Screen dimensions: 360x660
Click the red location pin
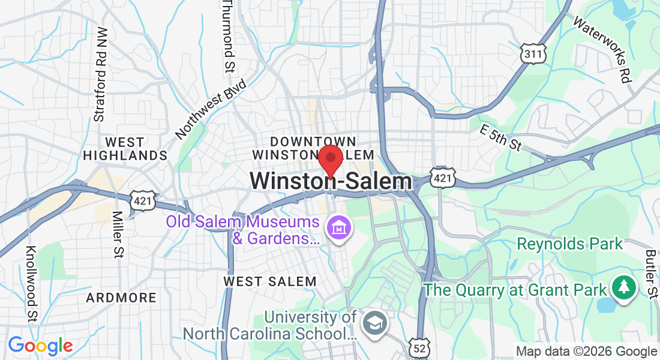pos(330,160)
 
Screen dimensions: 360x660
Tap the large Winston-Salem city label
pos(331,182)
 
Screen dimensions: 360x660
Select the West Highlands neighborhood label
pos(125,149)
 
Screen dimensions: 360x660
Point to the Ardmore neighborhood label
pos(121,298)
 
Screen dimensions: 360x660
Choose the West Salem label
pos(270,281)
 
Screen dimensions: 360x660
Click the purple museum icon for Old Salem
pos(339,228)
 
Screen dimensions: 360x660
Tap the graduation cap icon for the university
pos(376,323)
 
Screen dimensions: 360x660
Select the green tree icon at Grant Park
pos(624,287)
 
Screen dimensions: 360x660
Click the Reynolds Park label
pos(570,244)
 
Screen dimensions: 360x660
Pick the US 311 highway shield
pos(533,55)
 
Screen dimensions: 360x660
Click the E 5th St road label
pos(501,137)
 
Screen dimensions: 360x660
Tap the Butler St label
pos(651,273)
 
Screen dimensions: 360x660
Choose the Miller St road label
pos(118,234)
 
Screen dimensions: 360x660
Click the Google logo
pos(41,346)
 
